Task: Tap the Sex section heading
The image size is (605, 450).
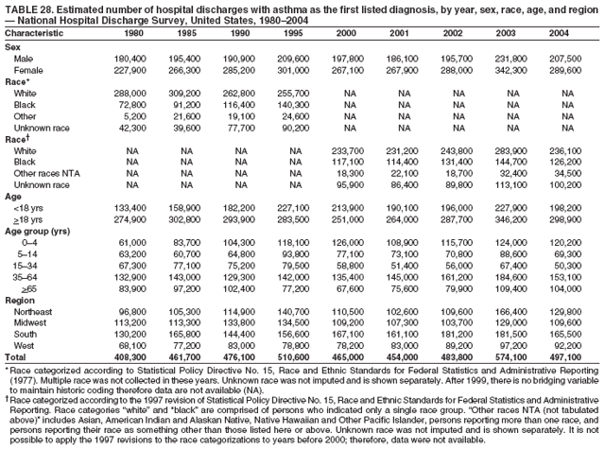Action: click(x=13, y=47)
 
